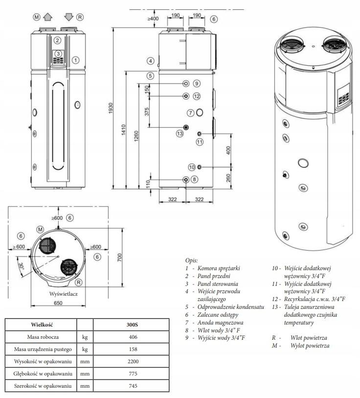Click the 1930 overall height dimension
coord(111,108)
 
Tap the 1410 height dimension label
coord(124,129)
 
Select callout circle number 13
coord(180,134)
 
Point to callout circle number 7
coord(191,113)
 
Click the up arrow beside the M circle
coord(48,17)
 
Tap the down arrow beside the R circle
coord(69,17)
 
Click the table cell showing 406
coord(133,337)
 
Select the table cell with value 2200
coord(133,361)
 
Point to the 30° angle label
coord(22,266)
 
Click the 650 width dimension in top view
coord(58,303)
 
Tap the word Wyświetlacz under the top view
coord(64,294)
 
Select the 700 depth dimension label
coord(119,258)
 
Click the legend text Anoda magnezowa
coord(220,323)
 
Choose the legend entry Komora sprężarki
coord(219,268)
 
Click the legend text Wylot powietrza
coord(310,346)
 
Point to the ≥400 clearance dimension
coord(153,19)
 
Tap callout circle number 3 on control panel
coord(58,53)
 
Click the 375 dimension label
coord(147,112)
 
